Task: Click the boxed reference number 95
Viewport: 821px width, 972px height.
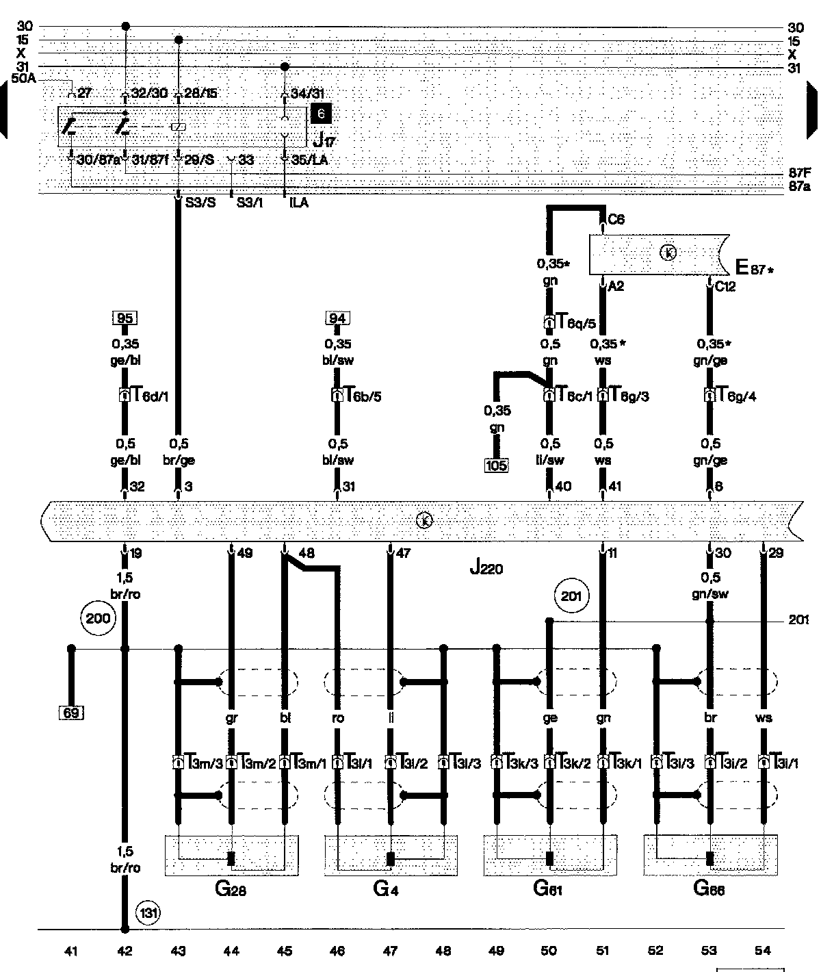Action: pos(125,318)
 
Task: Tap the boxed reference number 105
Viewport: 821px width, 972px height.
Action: pos(497,466)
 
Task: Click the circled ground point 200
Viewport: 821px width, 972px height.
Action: pos(97,619)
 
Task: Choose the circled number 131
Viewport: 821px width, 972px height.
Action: pos(148,912)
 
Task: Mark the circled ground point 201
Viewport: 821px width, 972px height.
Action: pos(571,596)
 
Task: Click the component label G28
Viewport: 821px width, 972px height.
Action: pos(231,889)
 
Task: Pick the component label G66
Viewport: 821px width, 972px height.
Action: pos(709,889)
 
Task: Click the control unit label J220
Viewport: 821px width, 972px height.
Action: pos(486,567)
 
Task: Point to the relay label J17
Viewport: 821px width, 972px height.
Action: pos(323,141)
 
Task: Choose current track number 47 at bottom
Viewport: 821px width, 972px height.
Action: pos(390,951)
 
